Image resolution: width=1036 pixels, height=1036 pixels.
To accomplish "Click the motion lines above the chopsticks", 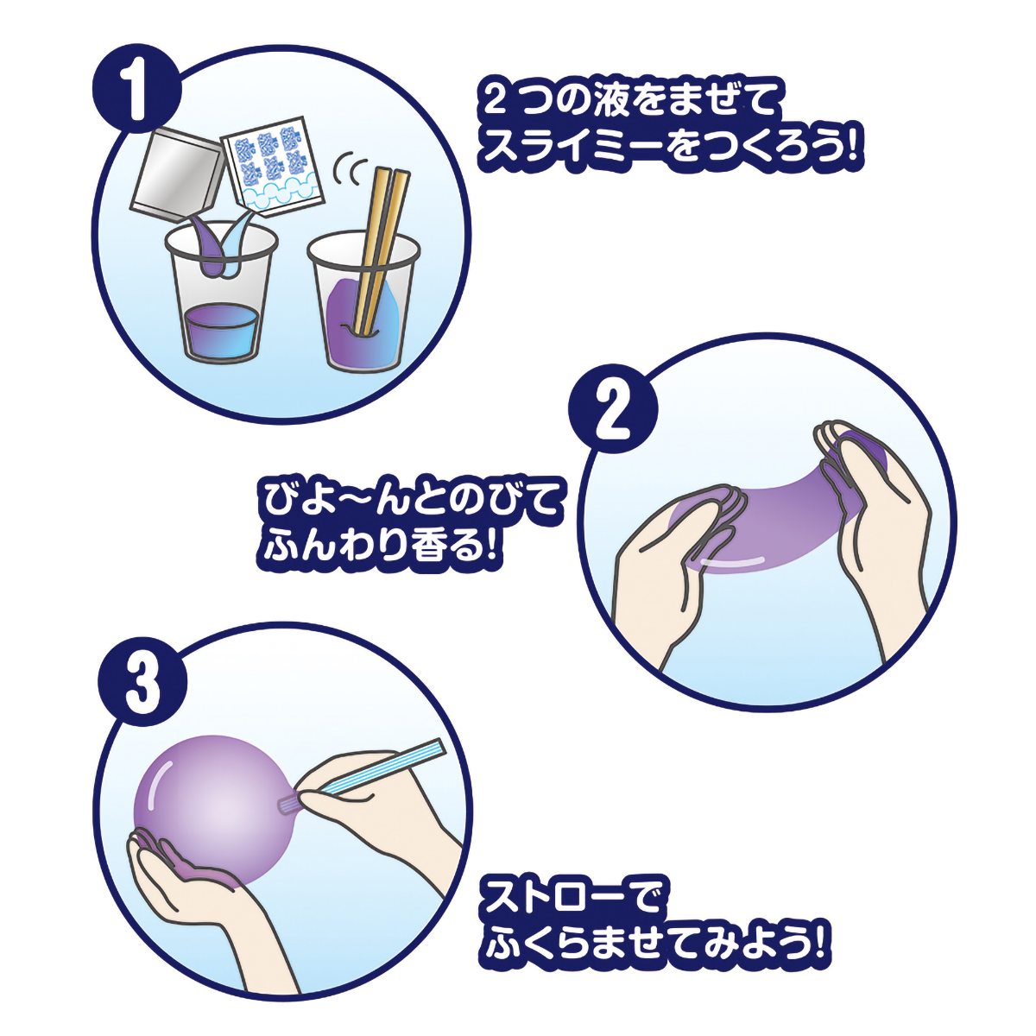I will point(350,168).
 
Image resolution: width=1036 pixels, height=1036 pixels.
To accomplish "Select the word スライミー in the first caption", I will point(571,151).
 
